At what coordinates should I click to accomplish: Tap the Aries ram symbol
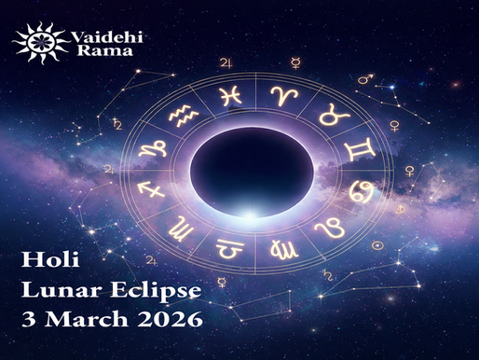(x=280, y=93)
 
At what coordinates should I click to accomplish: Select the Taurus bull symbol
(x=328, y=117)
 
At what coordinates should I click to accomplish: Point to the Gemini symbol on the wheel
(x=355, y=148)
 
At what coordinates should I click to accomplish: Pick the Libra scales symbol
(x=227, y=247)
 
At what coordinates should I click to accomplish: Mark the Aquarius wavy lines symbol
(x=184, y=116)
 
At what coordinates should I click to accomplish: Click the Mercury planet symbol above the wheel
(x=295, y=63)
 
